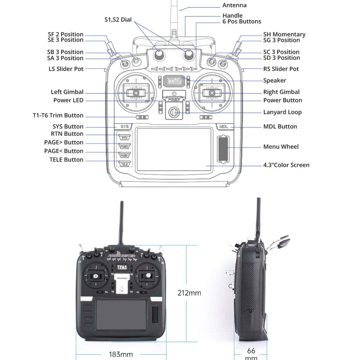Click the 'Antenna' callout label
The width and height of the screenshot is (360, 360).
pyautogui.click(x=234, y=5)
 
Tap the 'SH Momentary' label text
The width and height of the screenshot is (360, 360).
pyautogui.click(x=284, y=35)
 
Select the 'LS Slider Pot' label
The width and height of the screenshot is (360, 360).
pyautogui.click(x=66, y=69)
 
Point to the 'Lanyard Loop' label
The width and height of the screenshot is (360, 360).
pyautogui.click(x=282, y=112)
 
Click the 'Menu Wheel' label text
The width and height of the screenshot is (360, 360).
pyautogui.click(x=281, y=147)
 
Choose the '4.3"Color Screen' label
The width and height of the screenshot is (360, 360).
pyautogui.click(x=286, y=165)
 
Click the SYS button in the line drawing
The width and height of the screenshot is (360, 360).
pyautogui.click(x=124, y=127)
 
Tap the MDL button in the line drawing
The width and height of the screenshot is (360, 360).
pyautogui.click(x=224, y=127)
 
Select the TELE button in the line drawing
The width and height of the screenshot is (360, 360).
pyautogui.click(x=125, y=164)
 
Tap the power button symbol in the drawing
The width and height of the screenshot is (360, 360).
pyautogui.click(x=174, y=94)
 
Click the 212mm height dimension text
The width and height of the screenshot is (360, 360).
pyautogui.click(x=189, y=293)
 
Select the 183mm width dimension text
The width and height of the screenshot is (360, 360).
pyautogui.click(x=121, y=354)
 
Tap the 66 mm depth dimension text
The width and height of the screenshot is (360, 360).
pyautogui.click(x=251, y=353)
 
